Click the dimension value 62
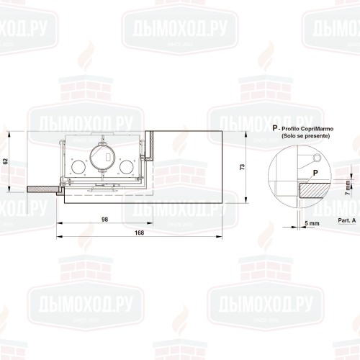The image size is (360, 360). point(5,161)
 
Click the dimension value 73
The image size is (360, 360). point(242,167)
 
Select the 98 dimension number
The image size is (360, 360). point(105,219)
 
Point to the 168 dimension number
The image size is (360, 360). point(139,233)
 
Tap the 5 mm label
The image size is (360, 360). point(311,224)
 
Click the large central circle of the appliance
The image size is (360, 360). point(102,158)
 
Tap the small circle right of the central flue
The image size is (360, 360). point(127,168)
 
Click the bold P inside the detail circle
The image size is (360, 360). point(315,174)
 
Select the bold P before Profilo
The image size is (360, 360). point(275,127)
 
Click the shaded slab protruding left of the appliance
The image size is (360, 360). point(44,189)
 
